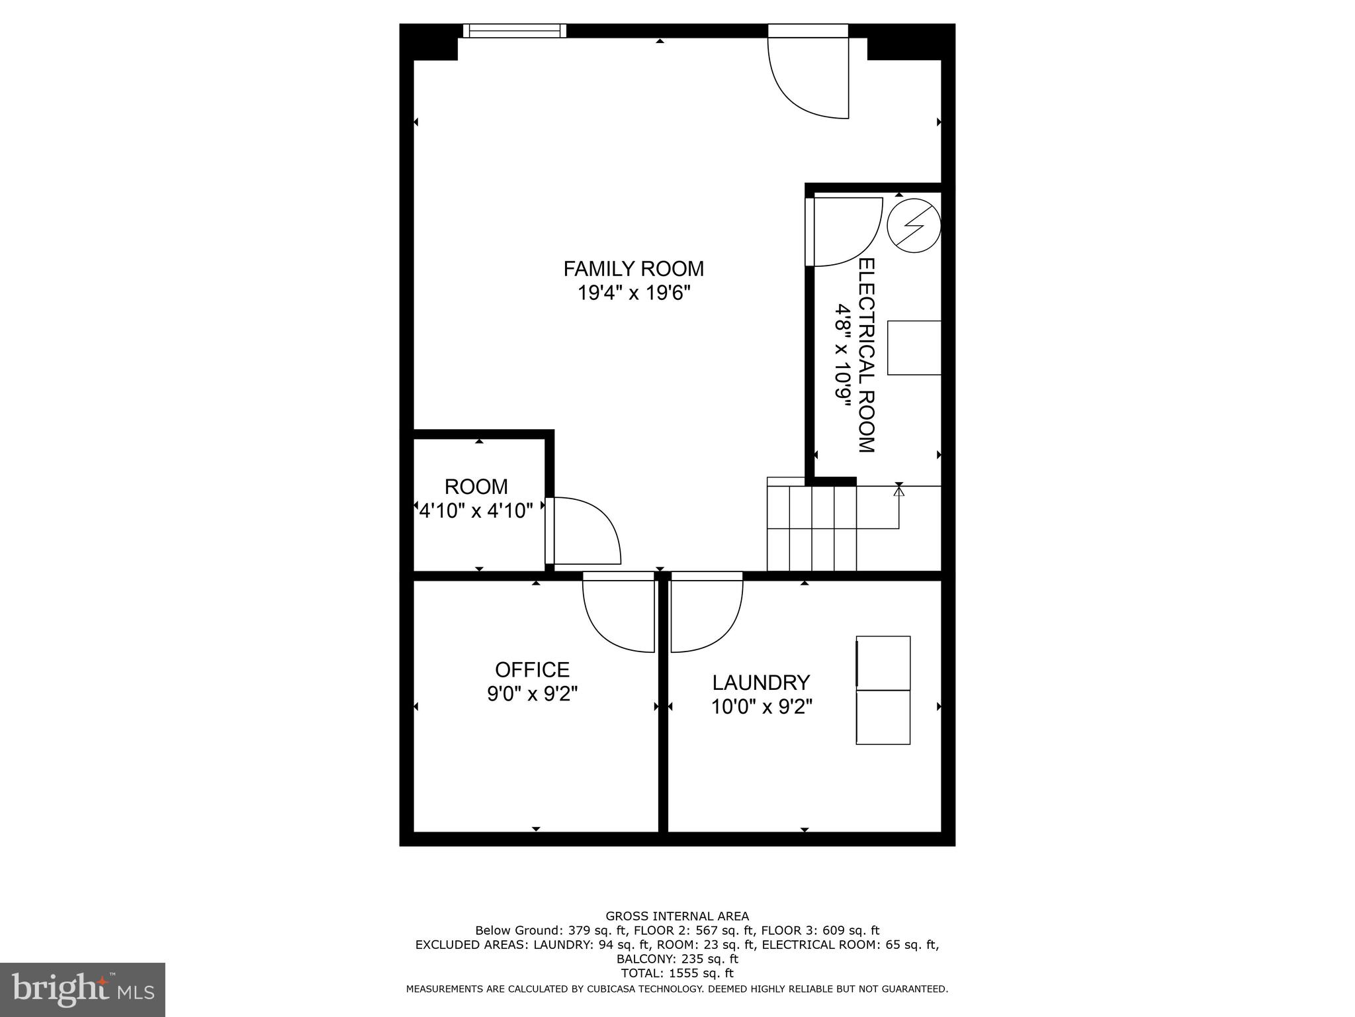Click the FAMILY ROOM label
point(633,269)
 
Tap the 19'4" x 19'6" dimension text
point(634,293)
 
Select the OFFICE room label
point(532,669)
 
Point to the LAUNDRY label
point(761,682)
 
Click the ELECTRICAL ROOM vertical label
point(866,356)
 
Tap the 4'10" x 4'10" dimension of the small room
point(476,511)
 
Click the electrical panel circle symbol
point(913,225)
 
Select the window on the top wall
point(514,30)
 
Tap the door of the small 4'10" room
point(582,531)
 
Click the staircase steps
point(812,528)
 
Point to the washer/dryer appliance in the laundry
point(883,690)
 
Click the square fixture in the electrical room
point(914,348)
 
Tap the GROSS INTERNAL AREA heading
point(677,916)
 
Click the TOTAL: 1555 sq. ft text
point(677,973)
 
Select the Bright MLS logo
point(82,990)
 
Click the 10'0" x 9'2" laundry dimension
point(761,707)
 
